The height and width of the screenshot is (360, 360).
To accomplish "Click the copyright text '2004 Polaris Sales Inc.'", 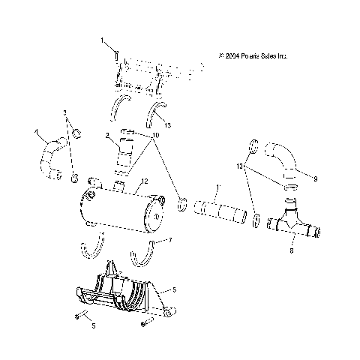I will [253, 55].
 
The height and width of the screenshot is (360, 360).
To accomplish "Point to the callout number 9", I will [316, 178].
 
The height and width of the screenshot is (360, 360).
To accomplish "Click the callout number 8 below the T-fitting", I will [292, 252].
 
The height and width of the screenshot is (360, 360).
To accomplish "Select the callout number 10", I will [155, 136].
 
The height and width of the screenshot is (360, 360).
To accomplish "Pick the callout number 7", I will [170, 240].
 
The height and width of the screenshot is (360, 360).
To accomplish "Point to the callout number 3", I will [65, 112].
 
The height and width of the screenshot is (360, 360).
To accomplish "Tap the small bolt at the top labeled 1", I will [118, 53].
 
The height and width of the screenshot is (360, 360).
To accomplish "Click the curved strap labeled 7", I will [145, 257].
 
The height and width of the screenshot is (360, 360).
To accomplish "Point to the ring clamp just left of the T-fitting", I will [256, 219].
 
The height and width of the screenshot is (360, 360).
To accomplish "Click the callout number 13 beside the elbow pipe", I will [241, 165].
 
